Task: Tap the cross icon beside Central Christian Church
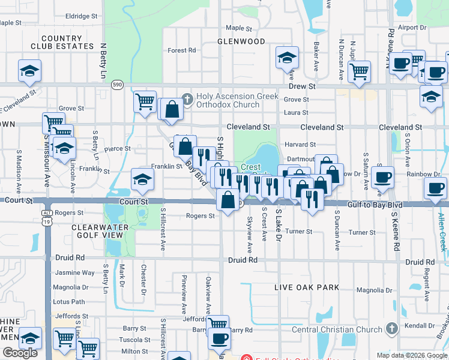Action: coord(391,329)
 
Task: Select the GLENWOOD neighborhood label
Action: coord(241,41)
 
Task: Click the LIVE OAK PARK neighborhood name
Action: coord(307,288)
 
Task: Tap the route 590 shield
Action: coord(117,86)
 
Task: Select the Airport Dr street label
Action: coord(412,28)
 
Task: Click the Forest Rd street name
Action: coord(182,50)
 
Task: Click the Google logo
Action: coord(20,353)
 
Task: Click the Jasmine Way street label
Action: coord(74,273)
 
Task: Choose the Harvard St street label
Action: coord(300,145)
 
